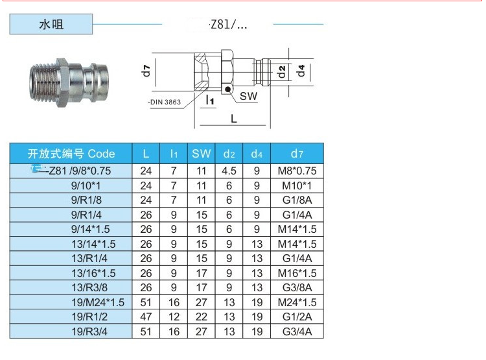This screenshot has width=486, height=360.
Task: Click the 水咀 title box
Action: [51, 24]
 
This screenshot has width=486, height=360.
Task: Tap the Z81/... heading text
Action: [229, 25]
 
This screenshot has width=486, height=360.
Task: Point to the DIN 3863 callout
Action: [165, 102]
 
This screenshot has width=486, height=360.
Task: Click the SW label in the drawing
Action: [248, 96]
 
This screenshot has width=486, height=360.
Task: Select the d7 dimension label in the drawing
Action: [146, 71]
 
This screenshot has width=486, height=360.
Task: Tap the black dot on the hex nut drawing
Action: [228, 90]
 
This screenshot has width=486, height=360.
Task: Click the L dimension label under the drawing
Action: [234, 119]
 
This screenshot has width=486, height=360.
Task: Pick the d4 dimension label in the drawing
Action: [301, 71]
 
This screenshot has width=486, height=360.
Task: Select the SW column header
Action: [201, 154]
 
